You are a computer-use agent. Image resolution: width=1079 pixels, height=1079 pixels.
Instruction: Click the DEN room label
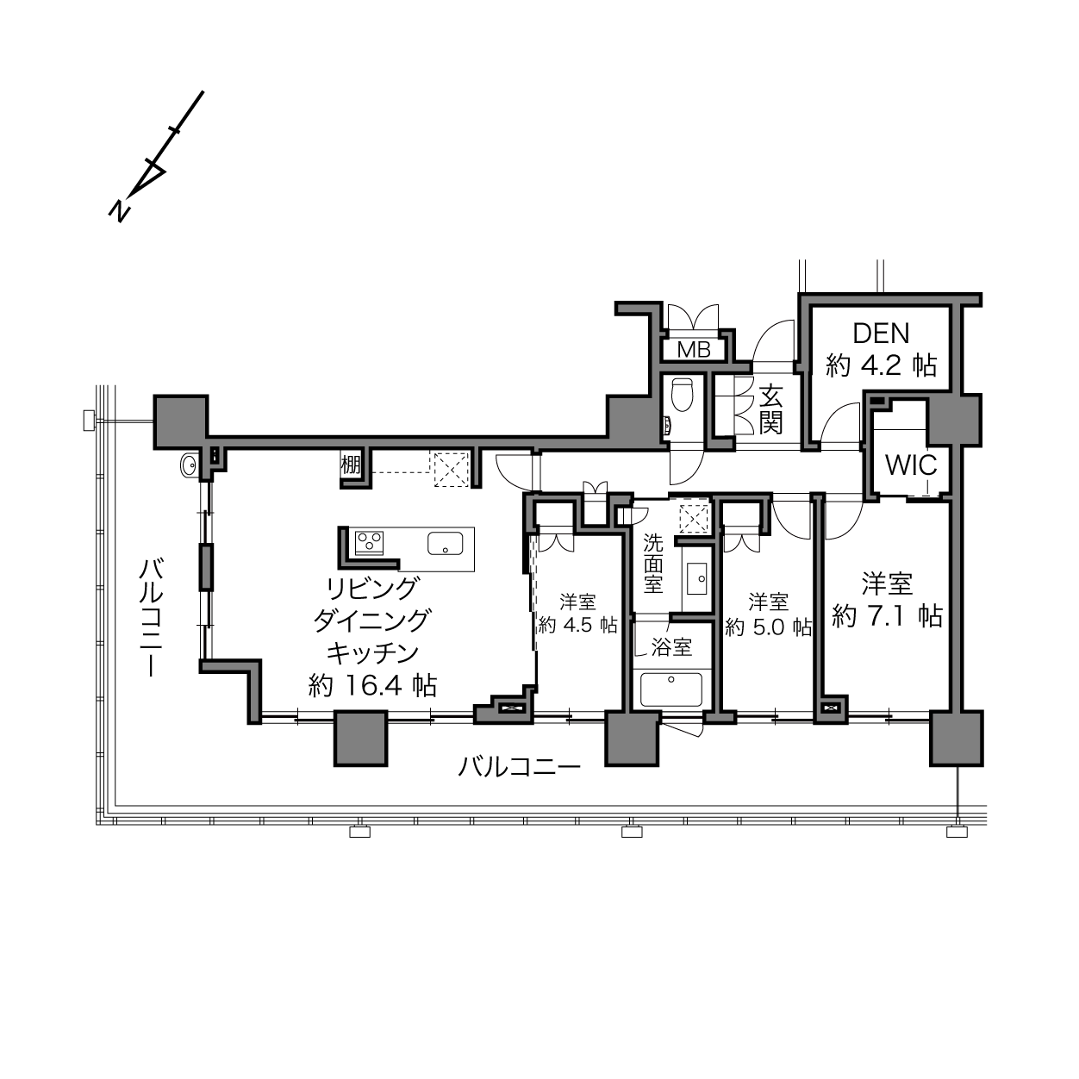(881, 334)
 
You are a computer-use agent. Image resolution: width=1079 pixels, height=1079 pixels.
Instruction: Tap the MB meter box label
(694, 349)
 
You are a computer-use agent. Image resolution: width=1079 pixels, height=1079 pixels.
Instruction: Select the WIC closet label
(911, 465)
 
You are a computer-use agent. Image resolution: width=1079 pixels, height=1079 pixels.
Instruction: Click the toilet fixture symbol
(682, 394)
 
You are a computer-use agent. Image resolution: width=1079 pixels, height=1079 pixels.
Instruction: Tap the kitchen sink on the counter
(446, 543)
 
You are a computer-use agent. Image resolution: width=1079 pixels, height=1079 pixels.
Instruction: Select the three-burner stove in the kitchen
(370, 541)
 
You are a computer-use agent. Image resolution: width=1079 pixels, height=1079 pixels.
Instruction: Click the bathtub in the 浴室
(671, 689)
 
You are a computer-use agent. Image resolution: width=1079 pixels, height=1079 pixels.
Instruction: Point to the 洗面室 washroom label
(653, 564)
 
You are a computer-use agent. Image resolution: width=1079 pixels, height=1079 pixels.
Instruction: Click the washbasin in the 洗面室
(698, 578)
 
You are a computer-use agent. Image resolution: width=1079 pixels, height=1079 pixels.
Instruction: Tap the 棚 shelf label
(351, 465)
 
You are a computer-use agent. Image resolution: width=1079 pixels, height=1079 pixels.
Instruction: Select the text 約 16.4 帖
(373, 685)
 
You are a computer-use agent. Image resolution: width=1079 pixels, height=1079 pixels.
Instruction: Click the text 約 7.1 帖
(887, 616)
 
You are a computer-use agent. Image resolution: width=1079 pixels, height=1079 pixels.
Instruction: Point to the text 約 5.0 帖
(768, 627)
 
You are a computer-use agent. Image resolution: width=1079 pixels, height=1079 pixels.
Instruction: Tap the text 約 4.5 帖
(578, 624)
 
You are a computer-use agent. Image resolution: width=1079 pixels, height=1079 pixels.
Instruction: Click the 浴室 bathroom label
(672, 647)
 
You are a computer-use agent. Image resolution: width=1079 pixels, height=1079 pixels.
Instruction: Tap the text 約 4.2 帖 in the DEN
(882, 365)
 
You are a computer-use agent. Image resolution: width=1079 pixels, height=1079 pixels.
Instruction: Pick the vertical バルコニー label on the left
(151, 617)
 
